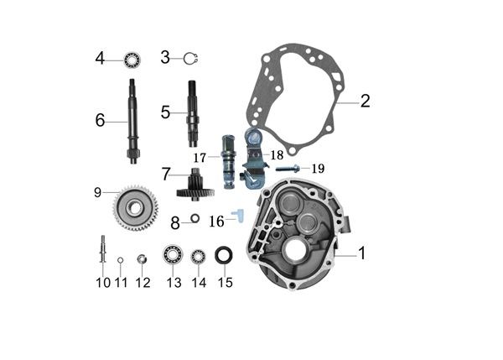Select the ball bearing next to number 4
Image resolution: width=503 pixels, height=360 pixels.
pyautogui.click(x=132, y=60)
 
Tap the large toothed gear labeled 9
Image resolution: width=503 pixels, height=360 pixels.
pyautogui.click(x=136, y=208)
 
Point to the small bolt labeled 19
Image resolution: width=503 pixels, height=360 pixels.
pyautogui.click(x=288, y=168)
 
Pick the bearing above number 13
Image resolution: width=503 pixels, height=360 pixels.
pyautogui.click(x=173, y=254)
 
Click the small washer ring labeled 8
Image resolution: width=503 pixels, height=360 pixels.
pyautogui.click(x=194, y=218)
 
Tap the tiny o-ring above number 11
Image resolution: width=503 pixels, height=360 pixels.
pyautogui.click(x=121, y=259)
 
